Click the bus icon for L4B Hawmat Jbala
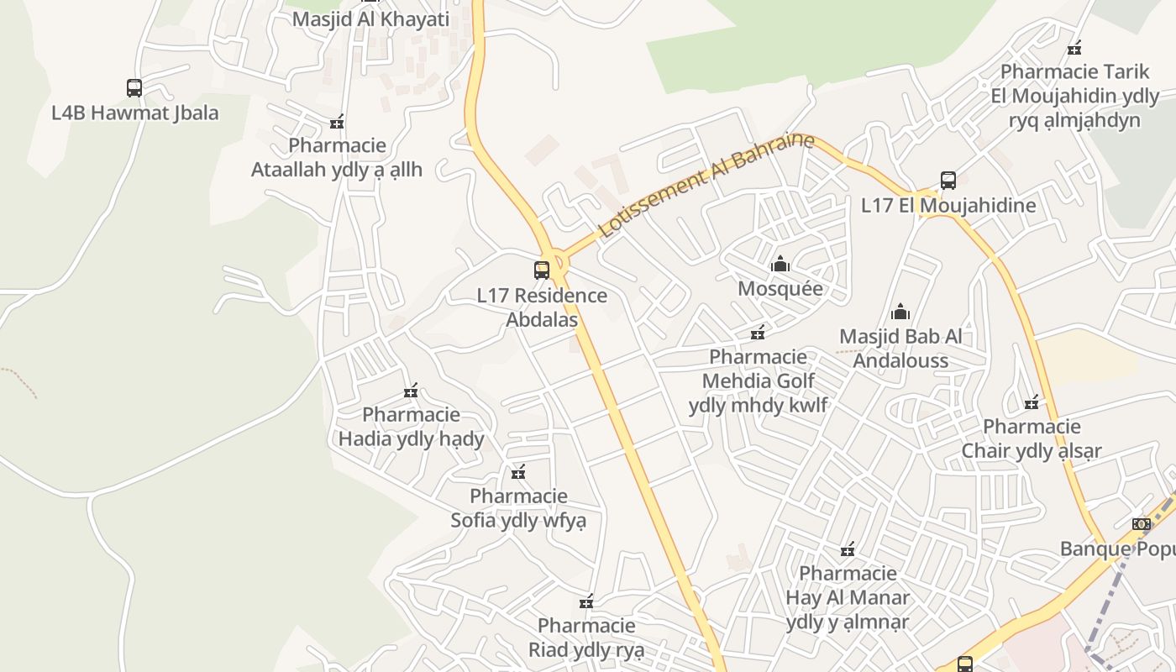point(134,87)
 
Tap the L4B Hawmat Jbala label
point(135,113)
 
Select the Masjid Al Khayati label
point(370,18)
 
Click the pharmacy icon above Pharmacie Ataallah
point(337,123)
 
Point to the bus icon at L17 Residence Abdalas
point(542,270)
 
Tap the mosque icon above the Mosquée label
point(780,264)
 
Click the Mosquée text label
point(780,289)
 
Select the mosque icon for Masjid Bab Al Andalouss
point(900,312)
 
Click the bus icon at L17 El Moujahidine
point(948,181)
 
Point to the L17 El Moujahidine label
point(948,206)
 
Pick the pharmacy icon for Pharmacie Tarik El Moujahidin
point(1074,48)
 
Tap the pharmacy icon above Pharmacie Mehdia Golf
point(758,333)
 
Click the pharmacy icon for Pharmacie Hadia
point(411,391)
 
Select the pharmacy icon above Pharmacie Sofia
point(518,472)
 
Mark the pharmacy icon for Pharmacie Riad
point(586,602)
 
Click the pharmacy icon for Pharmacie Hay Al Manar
point(848,549)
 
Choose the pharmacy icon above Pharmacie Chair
point(1032,403)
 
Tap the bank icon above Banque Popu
point(1141,524)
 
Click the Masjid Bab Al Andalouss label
point(900,349)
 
